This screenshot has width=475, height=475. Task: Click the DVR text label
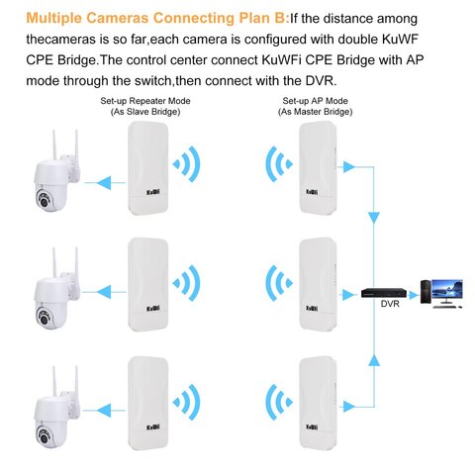[390, 304]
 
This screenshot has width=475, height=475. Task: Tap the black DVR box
[384, 293]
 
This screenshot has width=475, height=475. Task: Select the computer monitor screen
[447, 288]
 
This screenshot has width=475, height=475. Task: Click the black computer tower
[426, 292]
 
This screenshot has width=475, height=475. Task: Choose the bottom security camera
[56, 409]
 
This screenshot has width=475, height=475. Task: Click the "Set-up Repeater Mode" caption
[145, 101]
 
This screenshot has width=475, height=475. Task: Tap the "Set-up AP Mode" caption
[315, 101]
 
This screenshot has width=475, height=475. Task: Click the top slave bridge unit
[148, 168]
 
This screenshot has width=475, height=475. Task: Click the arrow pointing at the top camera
[105, 183]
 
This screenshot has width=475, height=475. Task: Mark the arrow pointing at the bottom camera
[104, 411]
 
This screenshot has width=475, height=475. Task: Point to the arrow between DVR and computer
[414, 295]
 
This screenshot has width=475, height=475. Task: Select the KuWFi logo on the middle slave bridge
[153, 309]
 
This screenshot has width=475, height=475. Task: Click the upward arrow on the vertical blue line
[374, 360]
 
